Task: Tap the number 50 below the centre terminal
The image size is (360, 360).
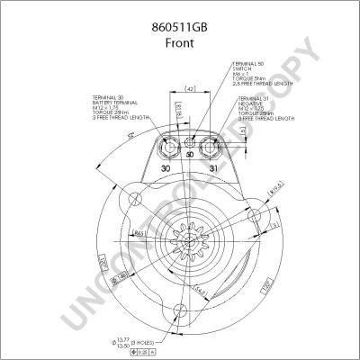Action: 190,156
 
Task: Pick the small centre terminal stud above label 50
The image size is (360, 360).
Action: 190,143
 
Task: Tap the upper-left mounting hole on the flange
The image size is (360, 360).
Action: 134,199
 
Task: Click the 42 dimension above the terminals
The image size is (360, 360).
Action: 190,88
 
